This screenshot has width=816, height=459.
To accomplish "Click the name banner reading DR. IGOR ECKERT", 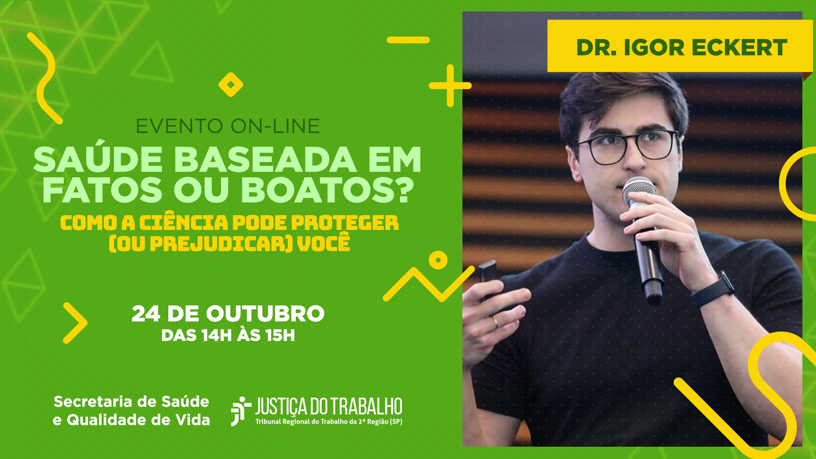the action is point(680,46).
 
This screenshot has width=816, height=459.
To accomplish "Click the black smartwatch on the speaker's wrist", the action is point(714,289).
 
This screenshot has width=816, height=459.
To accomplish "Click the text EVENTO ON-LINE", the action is point(228,126).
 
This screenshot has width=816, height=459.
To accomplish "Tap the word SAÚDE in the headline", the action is point(98,160).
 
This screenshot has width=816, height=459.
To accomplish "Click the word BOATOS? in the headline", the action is point(328,190).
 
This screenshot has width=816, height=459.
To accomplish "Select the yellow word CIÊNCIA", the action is point(184,222).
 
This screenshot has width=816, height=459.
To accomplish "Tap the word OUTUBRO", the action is point(265,314).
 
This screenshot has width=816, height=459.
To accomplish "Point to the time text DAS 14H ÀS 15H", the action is point(228,335).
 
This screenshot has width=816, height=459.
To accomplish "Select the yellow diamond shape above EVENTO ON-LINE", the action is point(231,85).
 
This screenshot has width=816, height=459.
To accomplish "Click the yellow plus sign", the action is point(450,85).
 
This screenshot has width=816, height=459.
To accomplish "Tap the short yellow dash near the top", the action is point(408,40).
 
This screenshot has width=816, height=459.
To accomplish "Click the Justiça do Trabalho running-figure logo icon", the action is point(241,411).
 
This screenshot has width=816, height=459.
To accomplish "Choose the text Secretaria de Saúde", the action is point(131,401).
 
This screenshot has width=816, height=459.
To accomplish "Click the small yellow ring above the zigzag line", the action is point(438,260).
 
